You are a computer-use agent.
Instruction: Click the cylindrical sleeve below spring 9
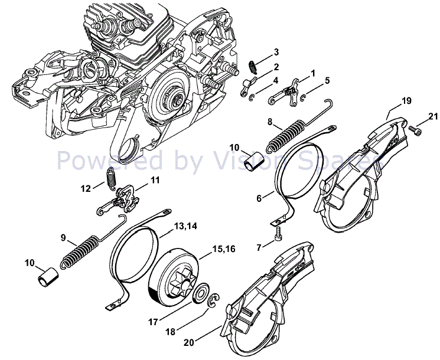click(x=47, y=276)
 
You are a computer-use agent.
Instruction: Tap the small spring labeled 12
click(x=110, y=177)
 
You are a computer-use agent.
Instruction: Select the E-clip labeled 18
click(x=215, y=302)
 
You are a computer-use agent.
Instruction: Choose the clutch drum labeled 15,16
click(x=176, y=276)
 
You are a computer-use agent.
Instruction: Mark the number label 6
click(x=259, y=199)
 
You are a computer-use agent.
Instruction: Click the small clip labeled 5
click(x=303, y=97)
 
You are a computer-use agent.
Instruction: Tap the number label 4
click(x=276, y=80)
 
